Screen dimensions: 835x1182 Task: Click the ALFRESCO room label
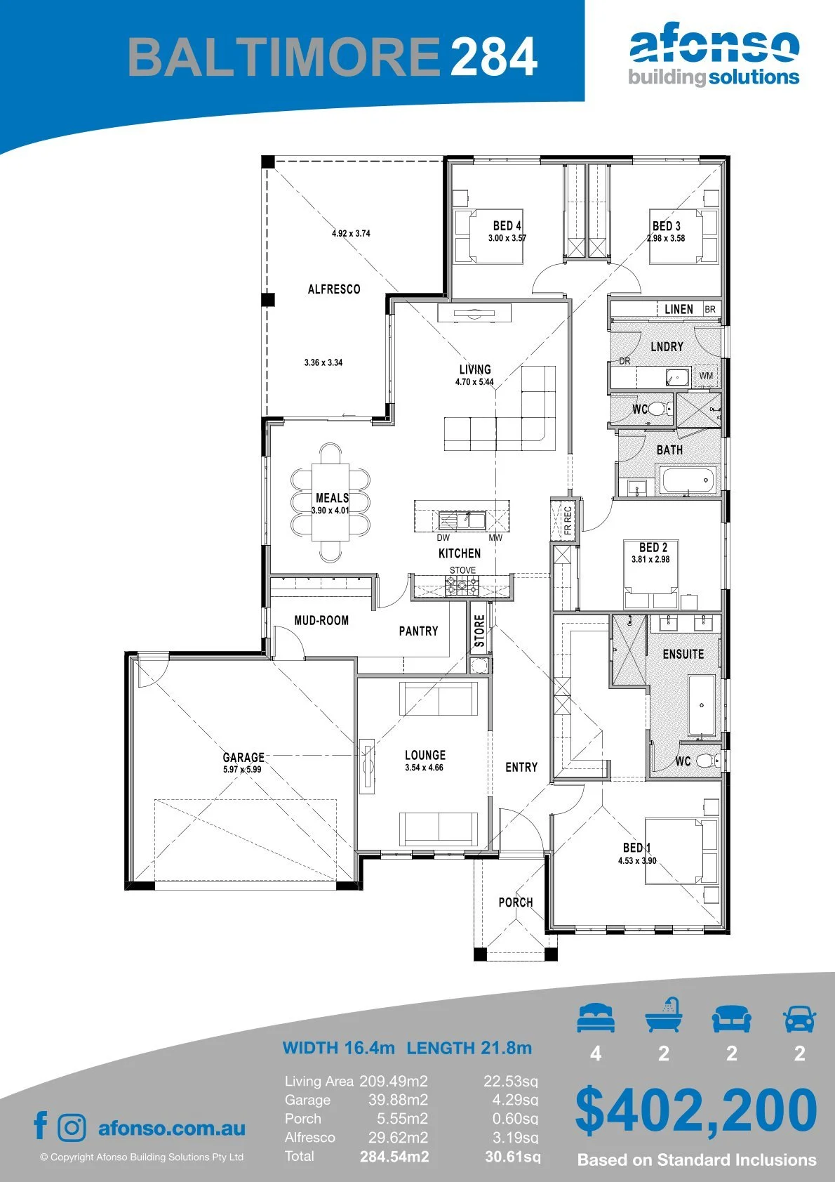[x=334, y=289]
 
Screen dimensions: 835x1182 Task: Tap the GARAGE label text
[x=243, y=757]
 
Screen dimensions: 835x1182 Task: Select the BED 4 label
[x=507, y=226]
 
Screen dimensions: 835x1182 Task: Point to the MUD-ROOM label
[x=321, y=620]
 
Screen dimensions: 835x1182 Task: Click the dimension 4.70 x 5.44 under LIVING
[x=474, y=381]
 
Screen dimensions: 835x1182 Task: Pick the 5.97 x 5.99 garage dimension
[x=242, y=769]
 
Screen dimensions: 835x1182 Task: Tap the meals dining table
[x=330, y=502]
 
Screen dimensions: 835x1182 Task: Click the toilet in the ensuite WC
[x=708, y=761]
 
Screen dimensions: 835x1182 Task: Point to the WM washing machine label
[x=706, y=376]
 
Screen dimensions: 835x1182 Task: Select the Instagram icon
[x=72, y=1128]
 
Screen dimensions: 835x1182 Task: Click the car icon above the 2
[x=800, y=1018]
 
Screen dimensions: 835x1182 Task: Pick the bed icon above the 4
[x=596, y=1018]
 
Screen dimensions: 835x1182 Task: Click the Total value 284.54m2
[x=394, y=1157]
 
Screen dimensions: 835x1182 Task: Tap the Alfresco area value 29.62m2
[x=398, y=1137]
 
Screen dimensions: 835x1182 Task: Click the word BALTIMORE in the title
[x=284, y=56]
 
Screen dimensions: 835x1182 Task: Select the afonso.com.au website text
[x=172, y=1128]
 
